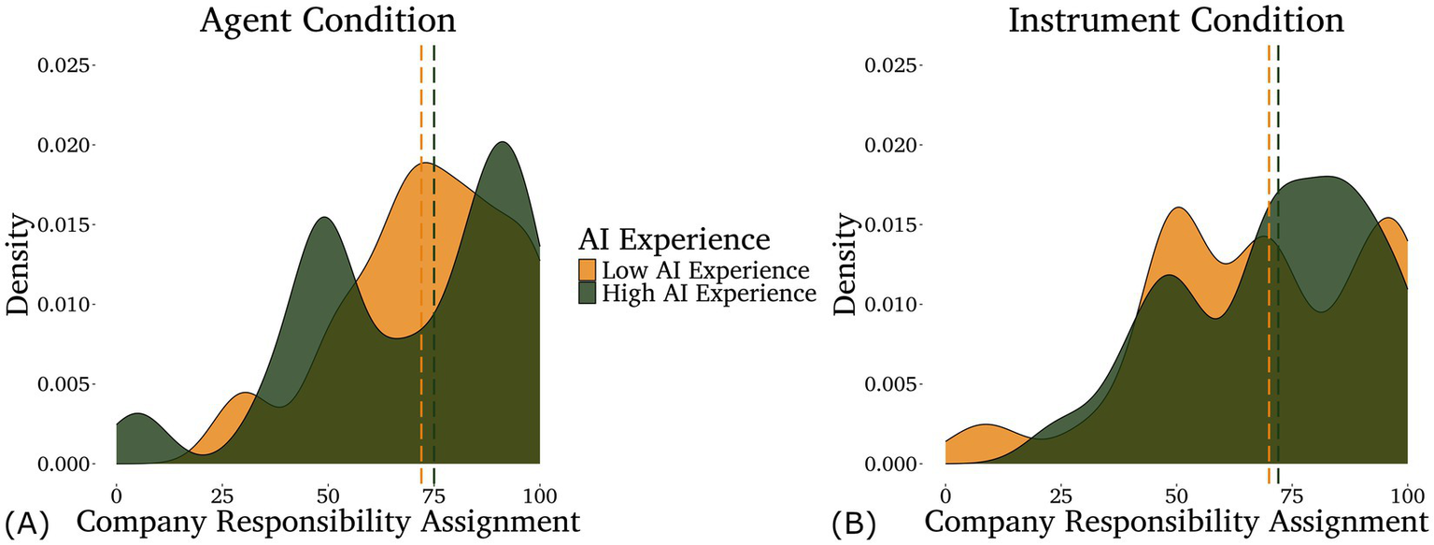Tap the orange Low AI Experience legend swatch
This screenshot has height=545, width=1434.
point(588,270)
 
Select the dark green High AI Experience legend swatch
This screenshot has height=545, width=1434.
point(588,294)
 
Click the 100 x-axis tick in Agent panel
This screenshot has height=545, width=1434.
point(539,491)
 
